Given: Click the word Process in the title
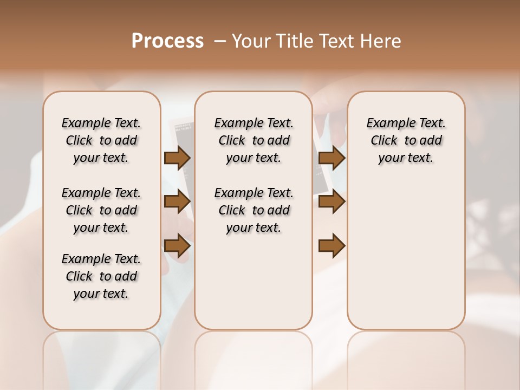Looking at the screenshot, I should (x=167, y=41).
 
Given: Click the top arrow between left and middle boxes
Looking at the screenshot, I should (x=177, y=158).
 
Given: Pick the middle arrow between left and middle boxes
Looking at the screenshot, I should (x=177, y=201).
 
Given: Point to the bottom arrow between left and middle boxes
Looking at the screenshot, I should (x=177, y=246).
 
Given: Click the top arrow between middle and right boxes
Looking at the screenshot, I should (x=332, y=158).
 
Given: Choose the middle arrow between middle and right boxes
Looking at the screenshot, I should (x=332, y=201).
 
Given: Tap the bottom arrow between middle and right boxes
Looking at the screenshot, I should (x=332, y=246).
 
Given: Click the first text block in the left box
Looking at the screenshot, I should (x=101, y=140).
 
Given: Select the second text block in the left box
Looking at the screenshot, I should (x=101, y=210).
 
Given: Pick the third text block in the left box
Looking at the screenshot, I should (x=101, y=276).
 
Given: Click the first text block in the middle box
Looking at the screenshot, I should (x=253, y=140).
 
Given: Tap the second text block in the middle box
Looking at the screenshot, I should (x=253, y=210).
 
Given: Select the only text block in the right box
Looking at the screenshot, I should (x=406, y=140).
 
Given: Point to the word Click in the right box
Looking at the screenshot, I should (x=384, y=141).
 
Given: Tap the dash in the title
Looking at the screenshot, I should (x=220, y=41).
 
